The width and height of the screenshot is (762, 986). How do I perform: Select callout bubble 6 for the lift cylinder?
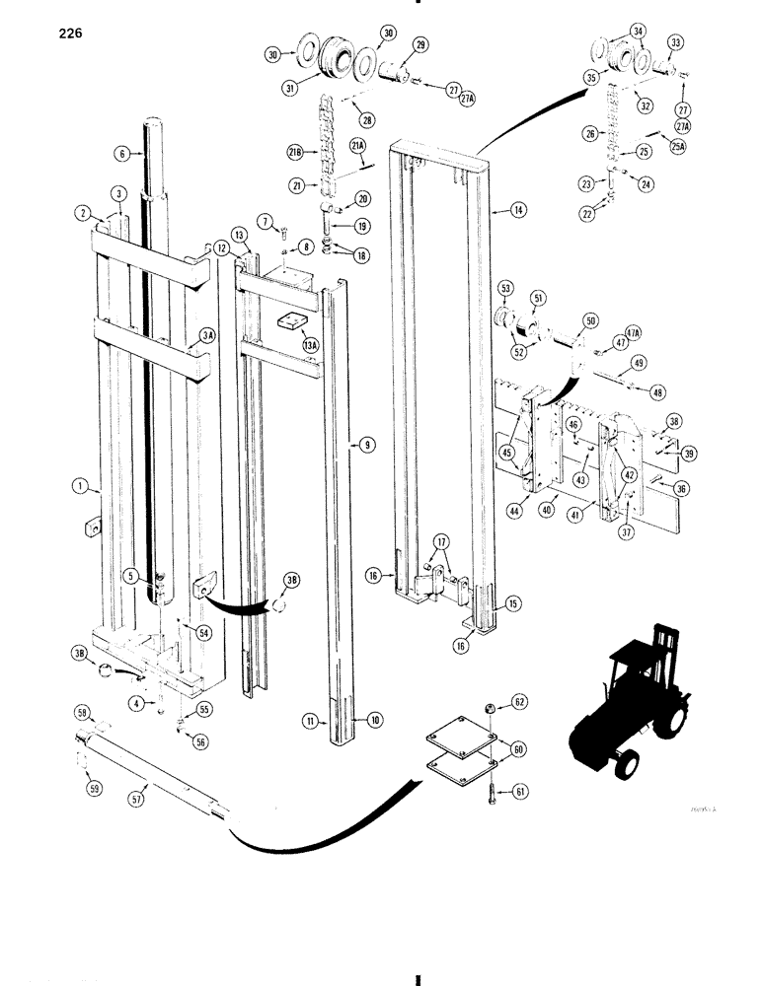(x=120, y=154)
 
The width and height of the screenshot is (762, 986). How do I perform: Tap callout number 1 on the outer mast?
(x=78, y=485)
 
